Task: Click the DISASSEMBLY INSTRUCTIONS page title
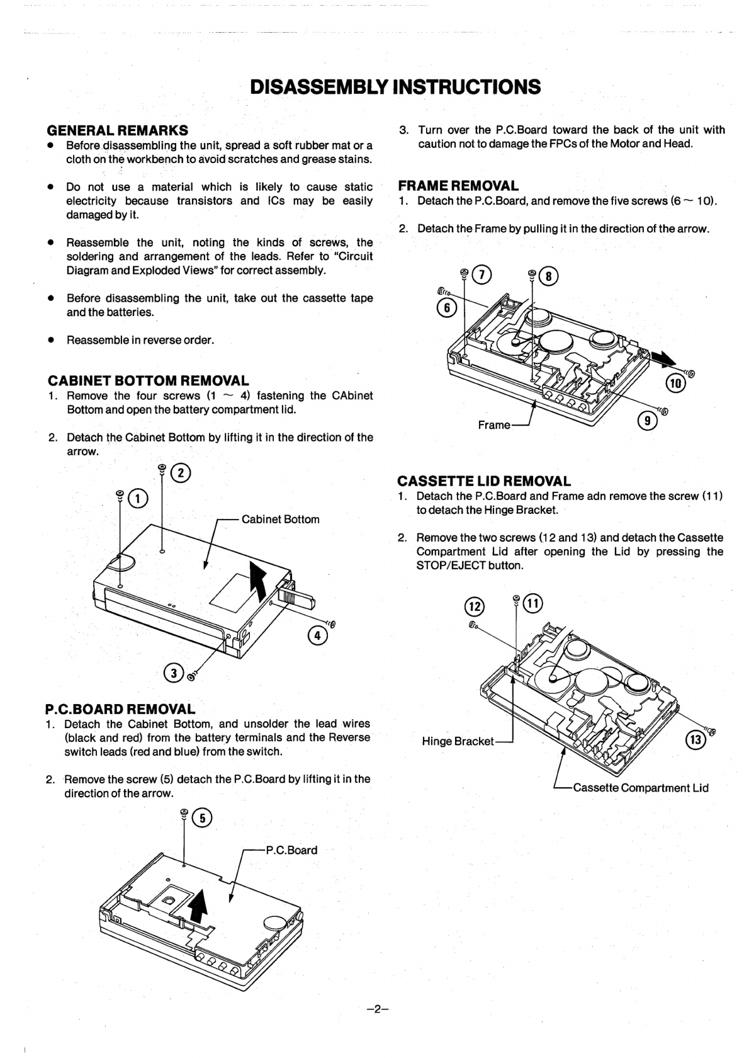395,87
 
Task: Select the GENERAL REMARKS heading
118,130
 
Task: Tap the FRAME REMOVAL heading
458,186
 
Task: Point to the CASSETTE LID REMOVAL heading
484,481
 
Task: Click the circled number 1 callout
138,498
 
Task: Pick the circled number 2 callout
181,473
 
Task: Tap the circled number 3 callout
173,673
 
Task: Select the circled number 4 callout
317,636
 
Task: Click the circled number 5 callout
203,818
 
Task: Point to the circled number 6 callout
446,309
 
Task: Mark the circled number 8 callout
548,276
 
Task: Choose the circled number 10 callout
675,383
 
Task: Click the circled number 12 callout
475,606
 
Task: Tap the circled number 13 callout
696,739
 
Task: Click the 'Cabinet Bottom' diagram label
280,520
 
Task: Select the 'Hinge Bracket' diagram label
458,742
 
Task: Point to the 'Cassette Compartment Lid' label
641,788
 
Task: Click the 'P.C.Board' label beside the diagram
291,850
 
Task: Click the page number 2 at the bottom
377,1010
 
